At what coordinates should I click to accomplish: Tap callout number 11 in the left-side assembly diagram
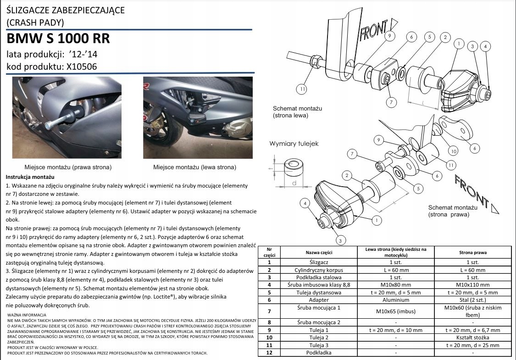tap(301, 89)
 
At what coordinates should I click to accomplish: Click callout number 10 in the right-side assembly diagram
tap(453, 150)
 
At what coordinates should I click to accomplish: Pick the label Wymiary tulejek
tap(294, 144)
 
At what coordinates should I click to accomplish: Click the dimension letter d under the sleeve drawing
tap(294, 183)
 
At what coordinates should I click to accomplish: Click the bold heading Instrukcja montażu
tap(30, 177)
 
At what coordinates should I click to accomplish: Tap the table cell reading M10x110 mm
tap(472, 285)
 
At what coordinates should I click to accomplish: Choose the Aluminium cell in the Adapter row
tap(395, 299)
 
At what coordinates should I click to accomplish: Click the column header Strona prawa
tap(472, 252)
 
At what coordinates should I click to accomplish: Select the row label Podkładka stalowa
tap(319, 277)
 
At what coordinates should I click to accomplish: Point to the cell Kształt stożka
tap(472, 338)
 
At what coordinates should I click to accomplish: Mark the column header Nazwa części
tap(319, 252)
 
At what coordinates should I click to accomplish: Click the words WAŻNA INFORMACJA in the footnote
tap(27, 315)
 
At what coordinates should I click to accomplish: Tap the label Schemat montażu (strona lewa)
tap(298, 112)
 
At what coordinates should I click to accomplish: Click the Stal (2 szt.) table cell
tap(472, 299)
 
